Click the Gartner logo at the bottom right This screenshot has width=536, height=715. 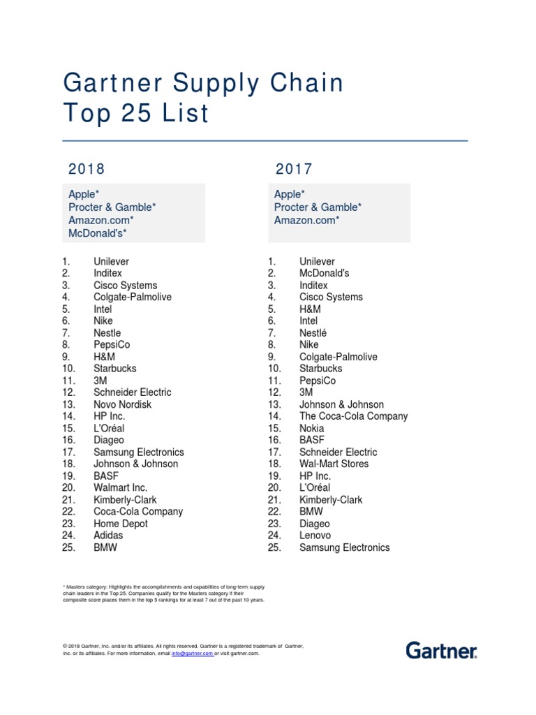441,650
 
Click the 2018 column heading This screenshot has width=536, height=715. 87,169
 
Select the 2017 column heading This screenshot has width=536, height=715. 294,169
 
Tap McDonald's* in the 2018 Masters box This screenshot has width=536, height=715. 97,233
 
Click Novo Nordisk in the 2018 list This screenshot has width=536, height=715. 122,404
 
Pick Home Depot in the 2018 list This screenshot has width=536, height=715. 121,524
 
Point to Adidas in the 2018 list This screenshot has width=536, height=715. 108,536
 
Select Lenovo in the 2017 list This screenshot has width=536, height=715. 315,536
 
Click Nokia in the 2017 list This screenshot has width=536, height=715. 313,428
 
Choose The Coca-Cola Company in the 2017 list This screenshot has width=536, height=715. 353,416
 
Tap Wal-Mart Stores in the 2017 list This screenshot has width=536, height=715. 334,464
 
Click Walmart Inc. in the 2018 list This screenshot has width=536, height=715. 121,487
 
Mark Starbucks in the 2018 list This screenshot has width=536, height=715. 115,368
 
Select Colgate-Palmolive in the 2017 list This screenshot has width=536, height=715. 338,357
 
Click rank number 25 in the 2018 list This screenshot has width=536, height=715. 68,547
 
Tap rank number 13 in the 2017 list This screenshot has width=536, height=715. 274,404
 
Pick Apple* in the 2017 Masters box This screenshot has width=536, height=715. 289,194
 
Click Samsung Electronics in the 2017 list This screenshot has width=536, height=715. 344,547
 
